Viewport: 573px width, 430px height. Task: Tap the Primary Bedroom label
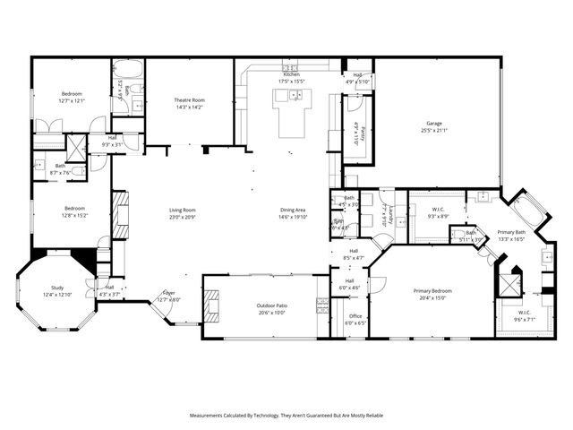click(x=432, y=291)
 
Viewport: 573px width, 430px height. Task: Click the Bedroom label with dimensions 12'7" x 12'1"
click(x=72, y=94)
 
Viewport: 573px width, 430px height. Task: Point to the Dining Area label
click(x=294, y=211)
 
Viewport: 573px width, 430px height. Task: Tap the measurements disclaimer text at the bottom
click(x=286, y=415)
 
